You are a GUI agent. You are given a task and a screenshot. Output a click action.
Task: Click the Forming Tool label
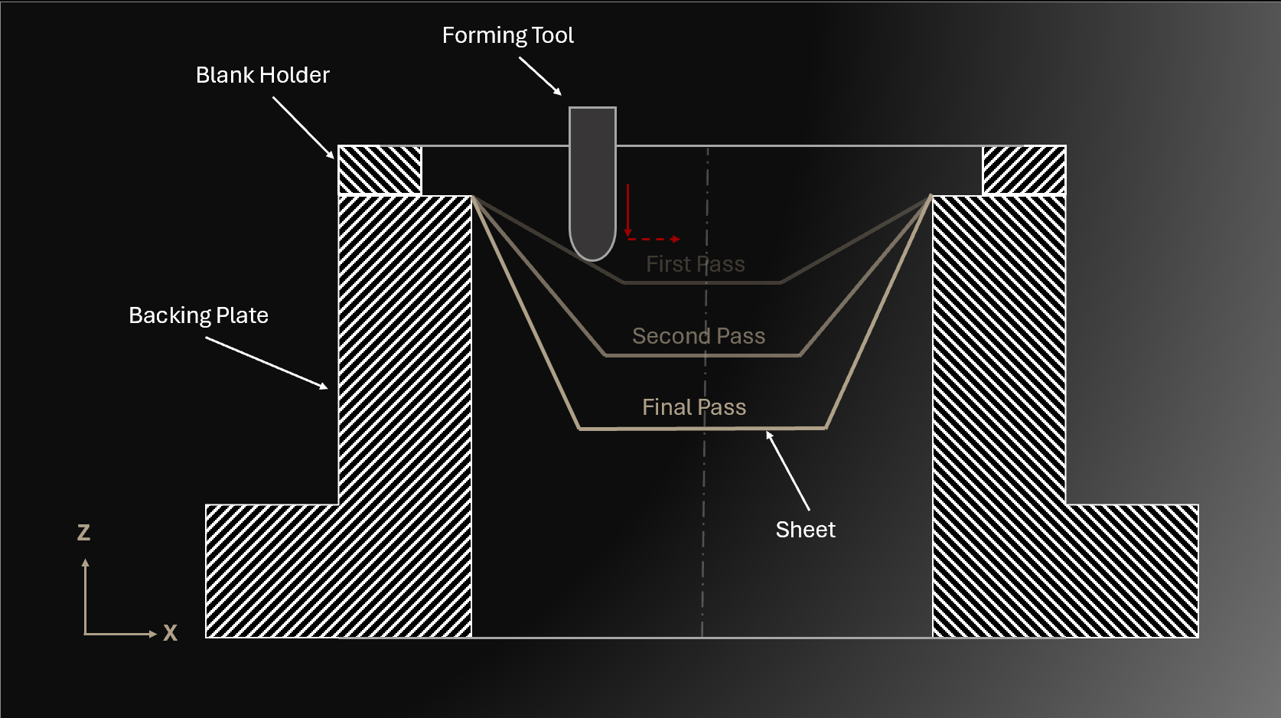[507, 35]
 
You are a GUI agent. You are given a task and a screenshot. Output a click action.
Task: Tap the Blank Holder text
[262, 75]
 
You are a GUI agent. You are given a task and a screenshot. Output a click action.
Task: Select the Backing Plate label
[198, 315]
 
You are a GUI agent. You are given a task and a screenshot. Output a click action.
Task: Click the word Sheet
[805, 530]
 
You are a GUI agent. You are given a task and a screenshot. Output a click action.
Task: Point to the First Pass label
[695, 264]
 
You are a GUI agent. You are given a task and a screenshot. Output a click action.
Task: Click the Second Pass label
[698, 336]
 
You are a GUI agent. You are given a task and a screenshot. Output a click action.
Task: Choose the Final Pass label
[693, 407]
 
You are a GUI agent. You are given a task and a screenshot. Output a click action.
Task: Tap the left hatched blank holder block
[380, 170]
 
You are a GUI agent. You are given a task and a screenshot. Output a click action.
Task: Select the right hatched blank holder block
[1024, 170]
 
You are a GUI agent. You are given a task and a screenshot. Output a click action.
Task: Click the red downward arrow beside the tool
[627, 210]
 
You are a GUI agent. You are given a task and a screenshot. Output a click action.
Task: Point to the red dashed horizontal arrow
[654, 240]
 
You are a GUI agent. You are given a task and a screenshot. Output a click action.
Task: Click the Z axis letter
[84, 533]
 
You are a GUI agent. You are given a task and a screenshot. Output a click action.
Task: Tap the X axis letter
[170, 632]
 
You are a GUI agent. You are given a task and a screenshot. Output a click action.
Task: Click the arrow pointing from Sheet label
[788, 471]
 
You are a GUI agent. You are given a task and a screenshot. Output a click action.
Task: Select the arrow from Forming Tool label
[540, 76]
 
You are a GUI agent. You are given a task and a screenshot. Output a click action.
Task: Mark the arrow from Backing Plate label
[266, 363]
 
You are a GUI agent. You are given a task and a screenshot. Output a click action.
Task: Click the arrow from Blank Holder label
[303, 128]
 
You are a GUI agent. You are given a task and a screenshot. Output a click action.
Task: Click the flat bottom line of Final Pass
[650, 429]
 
